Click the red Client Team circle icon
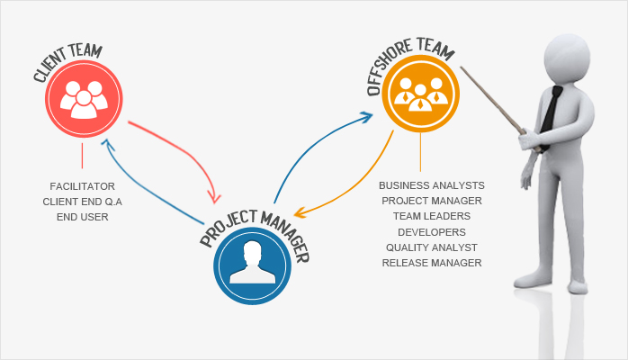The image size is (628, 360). [x=82, y=101]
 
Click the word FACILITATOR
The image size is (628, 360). [x=82, y=185]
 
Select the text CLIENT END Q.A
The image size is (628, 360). [x=82, y=201]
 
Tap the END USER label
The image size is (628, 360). [x=82, y=216]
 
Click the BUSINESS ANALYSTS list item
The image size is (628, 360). [x=432, y=185]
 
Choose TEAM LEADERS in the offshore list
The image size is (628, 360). [x=432, y=216]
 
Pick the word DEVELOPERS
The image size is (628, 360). [x=432, y=231]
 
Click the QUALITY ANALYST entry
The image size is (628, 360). [x=432, y=247]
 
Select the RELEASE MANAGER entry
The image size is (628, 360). [x=432, y=262]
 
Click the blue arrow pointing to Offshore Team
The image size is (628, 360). [x=310, y=144]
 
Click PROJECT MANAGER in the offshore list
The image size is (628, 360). [x=432, y=201]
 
